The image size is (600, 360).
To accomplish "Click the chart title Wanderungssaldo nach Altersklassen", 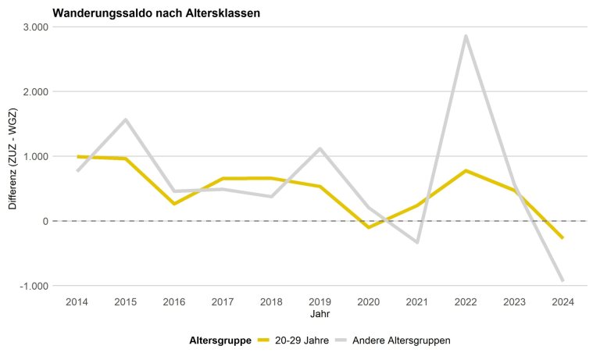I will (156, 13).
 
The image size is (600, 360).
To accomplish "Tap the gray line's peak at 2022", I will (465, 36).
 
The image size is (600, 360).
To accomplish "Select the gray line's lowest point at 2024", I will (562, 280).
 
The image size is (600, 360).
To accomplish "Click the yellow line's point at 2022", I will (465, 170).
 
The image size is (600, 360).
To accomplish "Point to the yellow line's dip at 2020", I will (368, 227).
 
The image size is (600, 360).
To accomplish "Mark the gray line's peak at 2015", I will (125, 119).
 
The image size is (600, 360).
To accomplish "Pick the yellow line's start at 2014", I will (77, 157).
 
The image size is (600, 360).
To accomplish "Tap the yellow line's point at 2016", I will (173, 204).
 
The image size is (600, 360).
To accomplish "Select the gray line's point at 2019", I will (320, 148).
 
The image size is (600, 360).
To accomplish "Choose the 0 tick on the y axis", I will (45, 221).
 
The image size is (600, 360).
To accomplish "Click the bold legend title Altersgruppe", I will (220, 340).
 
